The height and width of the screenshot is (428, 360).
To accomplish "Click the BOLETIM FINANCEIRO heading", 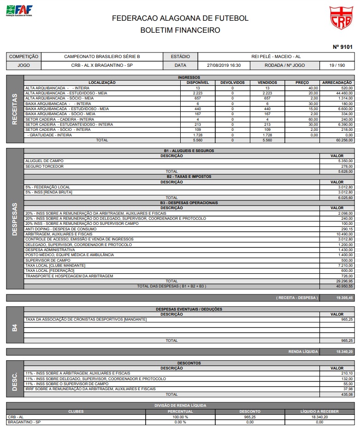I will (180, 30).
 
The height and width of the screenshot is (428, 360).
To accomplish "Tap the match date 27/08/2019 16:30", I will (224, 65).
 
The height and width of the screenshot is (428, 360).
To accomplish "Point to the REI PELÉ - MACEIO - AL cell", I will (276, 57).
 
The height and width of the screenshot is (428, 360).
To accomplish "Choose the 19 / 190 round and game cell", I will (337, 65).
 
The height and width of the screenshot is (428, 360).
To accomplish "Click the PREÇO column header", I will (302, 82).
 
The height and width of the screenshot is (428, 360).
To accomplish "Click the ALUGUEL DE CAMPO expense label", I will (44, 161).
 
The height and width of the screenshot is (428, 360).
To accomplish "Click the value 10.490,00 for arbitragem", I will (344, 234).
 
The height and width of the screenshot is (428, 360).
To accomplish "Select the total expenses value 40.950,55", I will (344, 286).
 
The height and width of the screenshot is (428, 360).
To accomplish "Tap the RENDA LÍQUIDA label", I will (303, 352).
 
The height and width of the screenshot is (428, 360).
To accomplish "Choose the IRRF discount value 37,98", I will (348, 389).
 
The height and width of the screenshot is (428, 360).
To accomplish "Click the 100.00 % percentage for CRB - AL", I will (180, 416).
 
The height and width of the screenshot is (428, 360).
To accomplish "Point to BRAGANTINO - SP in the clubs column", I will (24, 422).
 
